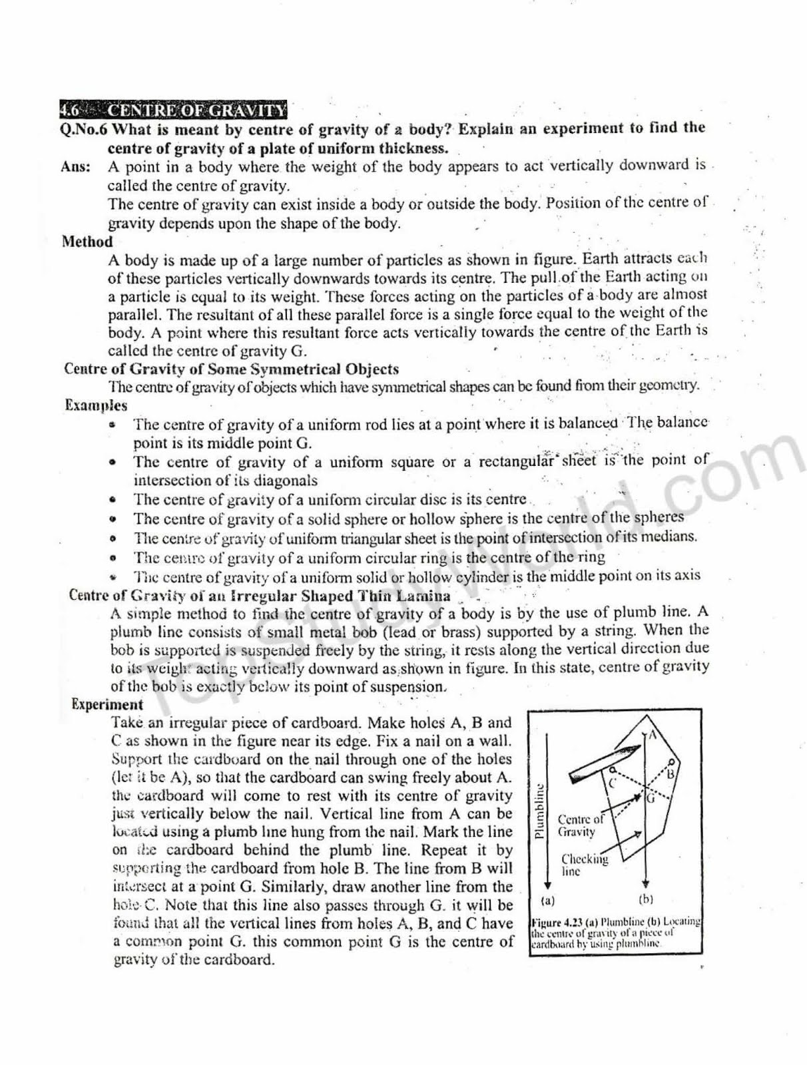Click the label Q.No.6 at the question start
[84, 129]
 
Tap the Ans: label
[76, 166]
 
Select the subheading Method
[87, 242]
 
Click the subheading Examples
[96, 405]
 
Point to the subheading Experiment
[107, 704]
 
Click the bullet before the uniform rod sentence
[114, 424]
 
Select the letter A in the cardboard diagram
[653, 735]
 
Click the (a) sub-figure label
[548, 901]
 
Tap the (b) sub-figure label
[645, 899]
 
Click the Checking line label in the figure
[584, 865]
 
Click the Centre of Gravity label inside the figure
[580, 825]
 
